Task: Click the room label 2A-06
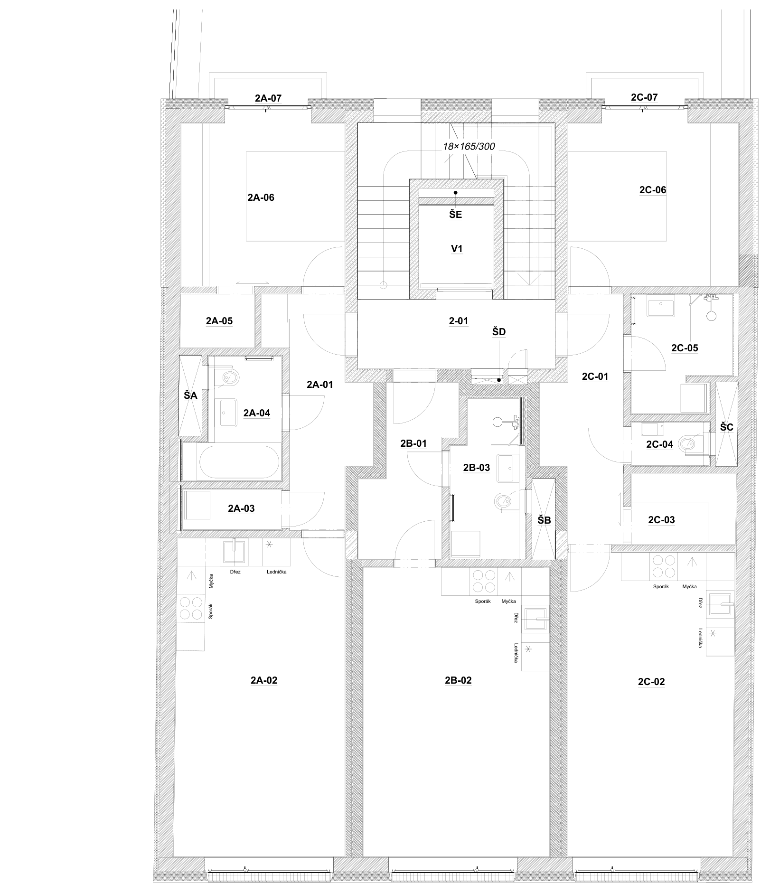pyautogui.click(x=261, y=197)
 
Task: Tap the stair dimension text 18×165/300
pyautogui.click(x=469, y=147)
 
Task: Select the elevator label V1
pyautogui.click(x=457, y=249)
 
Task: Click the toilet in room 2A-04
pyautogui.click(x=230, y=378)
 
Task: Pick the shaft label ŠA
pyautogui.click(x=190, y=395)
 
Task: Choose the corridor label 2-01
pyautogui.click(x=458, y=321)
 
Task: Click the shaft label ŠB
pyautogui.click(x=544, y=520)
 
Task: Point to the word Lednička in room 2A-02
pyautogui.click(x=277, y=572)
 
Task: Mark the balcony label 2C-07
pyautogui.click(x=644, y=97)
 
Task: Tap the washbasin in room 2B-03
pyautogui.click(x=508, y=463)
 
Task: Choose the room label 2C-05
pyautogui.click(x=685, y=348)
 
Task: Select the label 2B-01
pyautogui.click(x=413, y=443)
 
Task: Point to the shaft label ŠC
pyautogui.click(x=726, y=427)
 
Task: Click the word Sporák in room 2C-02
pyautogui.click(x=661, y=587)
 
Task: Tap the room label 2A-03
pyautogui.click(x=241, y=508)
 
